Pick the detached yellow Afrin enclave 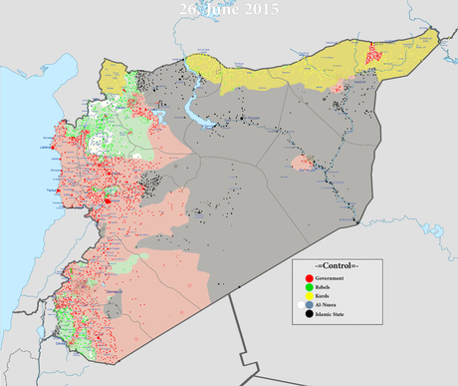coord(116,74)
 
